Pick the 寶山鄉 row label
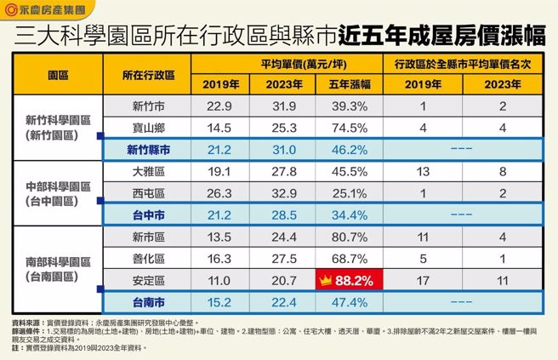coord(148,127)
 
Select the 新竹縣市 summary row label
coord(148,148)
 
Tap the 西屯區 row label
coord(148,191)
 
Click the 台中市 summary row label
coord(148,212)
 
